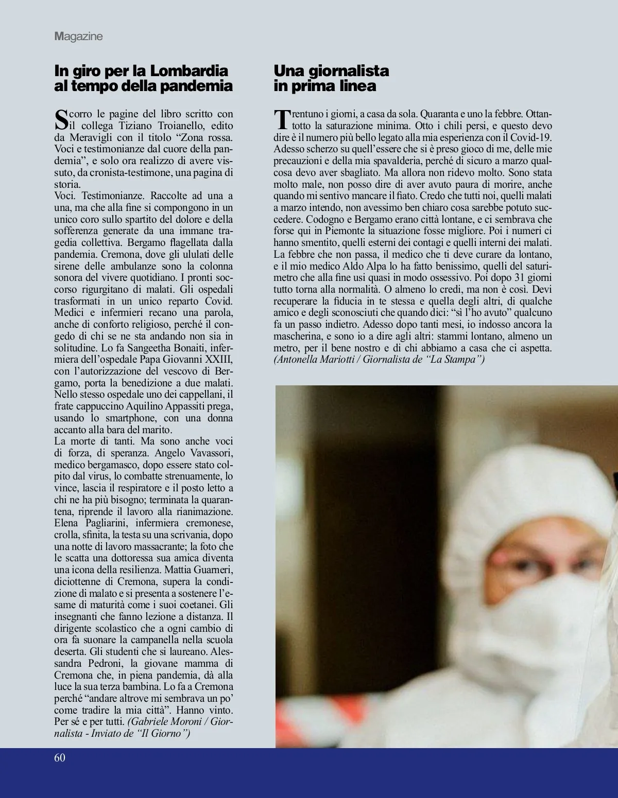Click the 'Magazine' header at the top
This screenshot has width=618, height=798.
click(x=78, y=36)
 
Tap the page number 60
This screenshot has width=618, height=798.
click(x=60, y=757)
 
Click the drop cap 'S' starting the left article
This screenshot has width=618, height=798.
click(x=61, y=119)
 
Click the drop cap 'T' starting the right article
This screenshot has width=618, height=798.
click(x=281, y=119)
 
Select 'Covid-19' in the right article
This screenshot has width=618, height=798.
click(x=533, y=137)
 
